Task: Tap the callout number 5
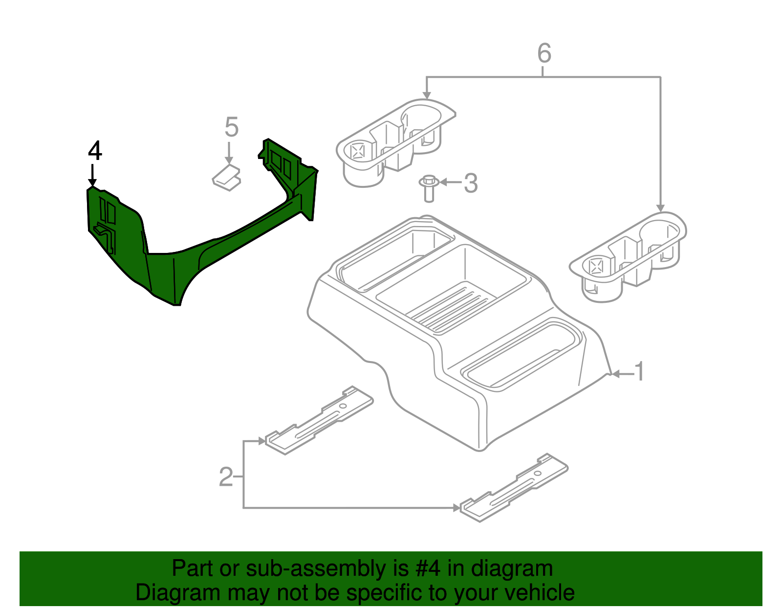pyautogui.click(x=231, y=127)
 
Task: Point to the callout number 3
pyautogui.click(x=470, y=183)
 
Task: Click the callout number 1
pyautogui.click(x=639, y=372)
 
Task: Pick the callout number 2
pyautogui.click(x=226, y=477)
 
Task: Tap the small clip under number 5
pyautogui.click(x=226, y=178)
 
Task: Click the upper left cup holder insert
pyautogui.click(x=393, y=142)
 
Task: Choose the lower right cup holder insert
pyautogui.click(x=628, y=254)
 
